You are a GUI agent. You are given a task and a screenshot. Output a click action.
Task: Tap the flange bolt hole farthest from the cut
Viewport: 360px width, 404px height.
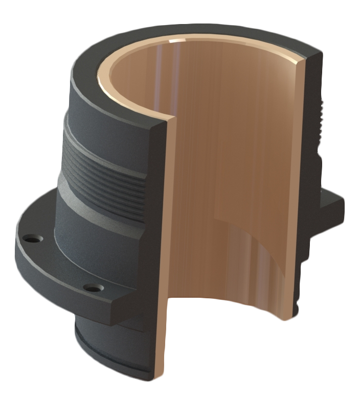click(33, 239)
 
